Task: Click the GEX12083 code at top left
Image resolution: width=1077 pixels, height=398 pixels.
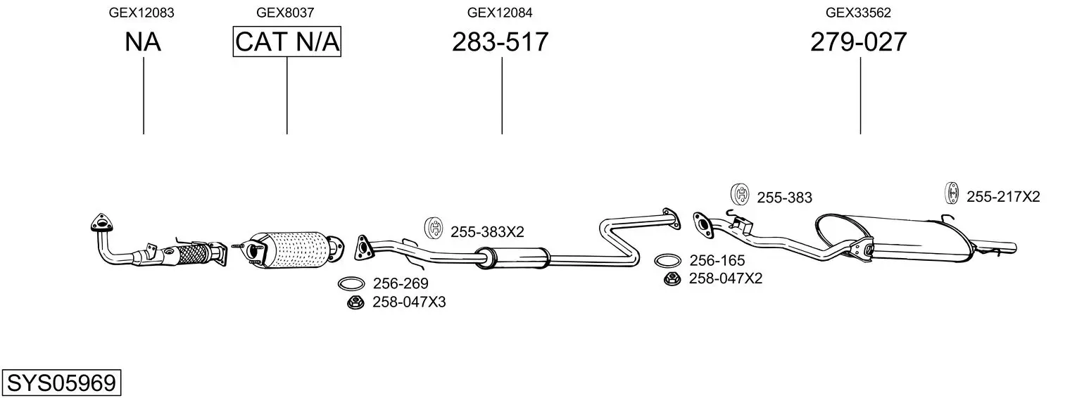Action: (141, 13)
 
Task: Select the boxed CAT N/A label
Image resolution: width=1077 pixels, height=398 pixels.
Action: (287, 42)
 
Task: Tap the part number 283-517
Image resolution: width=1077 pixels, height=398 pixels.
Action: (500, 42)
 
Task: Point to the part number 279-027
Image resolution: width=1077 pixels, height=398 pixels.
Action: (859, 42)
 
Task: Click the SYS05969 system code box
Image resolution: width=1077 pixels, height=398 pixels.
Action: (61, 383)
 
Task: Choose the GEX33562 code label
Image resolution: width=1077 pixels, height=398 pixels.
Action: (859, 13)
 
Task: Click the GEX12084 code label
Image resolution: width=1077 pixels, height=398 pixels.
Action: (500, 13)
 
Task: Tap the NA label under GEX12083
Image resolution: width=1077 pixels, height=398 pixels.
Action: (143, 42)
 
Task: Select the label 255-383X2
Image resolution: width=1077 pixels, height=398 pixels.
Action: (487, 231)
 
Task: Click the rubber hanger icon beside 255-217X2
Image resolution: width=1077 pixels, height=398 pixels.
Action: (951, 194)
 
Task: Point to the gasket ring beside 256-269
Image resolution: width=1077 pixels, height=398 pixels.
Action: (351, 284)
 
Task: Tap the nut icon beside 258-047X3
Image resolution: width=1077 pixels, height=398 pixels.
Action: (355, 302)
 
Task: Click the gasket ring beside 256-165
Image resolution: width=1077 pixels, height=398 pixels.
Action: (667, 261)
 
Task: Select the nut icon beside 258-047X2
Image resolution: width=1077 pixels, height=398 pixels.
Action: (672, 278)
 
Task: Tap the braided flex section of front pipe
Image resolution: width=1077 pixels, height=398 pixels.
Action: (194, 253)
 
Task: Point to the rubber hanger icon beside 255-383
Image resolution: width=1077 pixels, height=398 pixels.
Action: (740, 193)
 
